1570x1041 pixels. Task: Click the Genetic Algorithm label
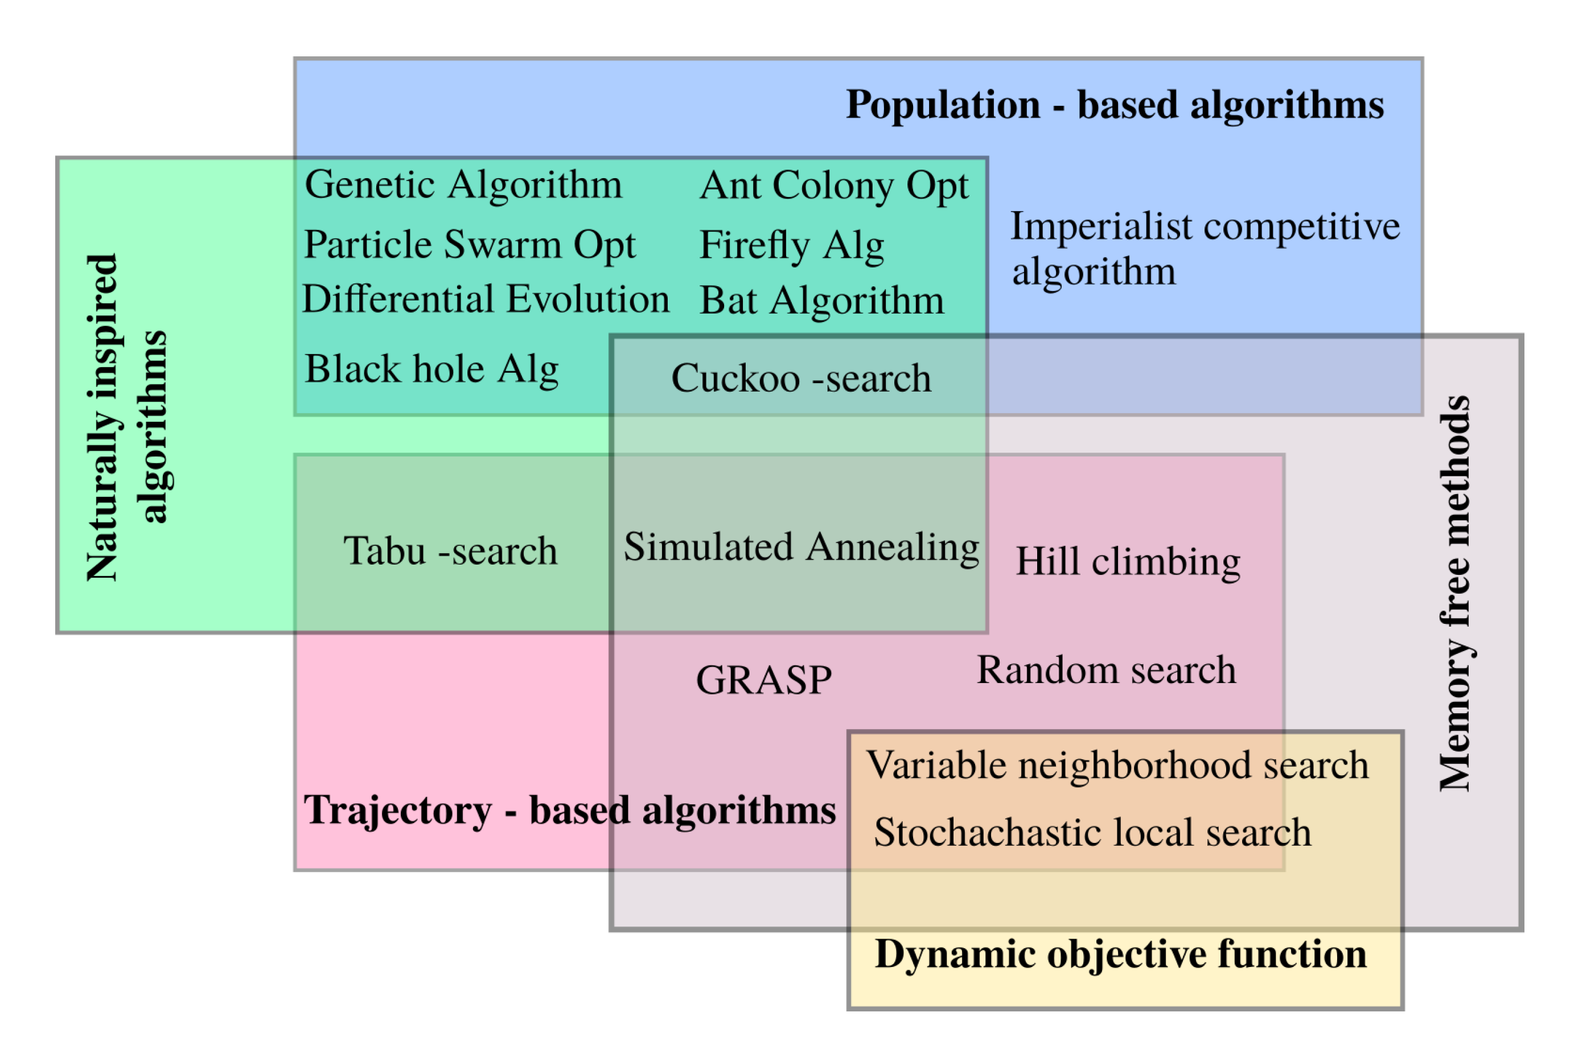(463, 184)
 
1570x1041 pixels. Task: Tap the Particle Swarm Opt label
(469, 244)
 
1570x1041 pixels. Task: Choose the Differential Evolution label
(485, 299)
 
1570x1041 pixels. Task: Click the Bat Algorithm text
(821, 301)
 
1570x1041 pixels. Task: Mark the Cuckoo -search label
(800, 378)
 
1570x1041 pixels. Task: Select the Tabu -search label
(449, 550)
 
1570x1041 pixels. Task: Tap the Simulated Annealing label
(800, 546)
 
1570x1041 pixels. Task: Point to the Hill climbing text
(1127, 561)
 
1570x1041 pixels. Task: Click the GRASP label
(763, 680)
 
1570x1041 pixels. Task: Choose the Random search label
(1106, 670)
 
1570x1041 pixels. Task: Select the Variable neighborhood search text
(1117, 765)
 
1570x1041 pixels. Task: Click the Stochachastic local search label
(1092, 832)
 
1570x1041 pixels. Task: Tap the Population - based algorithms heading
(1114, 105)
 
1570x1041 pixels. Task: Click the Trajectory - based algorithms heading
(569, 810)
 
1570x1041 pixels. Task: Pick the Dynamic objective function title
(1120, 954)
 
